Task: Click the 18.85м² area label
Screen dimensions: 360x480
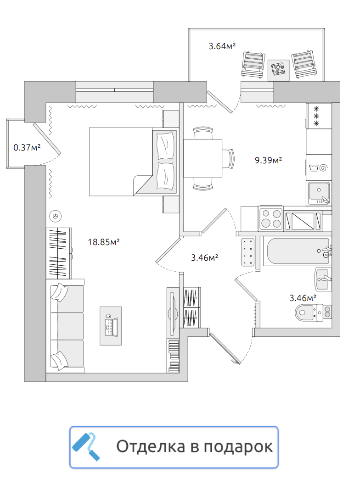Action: point(104,242)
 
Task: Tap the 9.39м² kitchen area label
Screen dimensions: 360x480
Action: point(268,160)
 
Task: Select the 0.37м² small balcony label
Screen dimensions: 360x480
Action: point(27,148)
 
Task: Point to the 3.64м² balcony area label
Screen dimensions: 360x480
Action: point(222,46)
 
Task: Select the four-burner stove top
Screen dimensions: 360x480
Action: point(271,218)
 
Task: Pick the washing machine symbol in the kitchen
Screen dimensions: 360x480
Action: point(319,167)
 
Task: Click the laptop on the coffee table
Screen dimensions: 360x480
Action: point(112,326)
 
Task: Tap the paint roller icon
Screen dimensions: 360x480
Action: point(86,447)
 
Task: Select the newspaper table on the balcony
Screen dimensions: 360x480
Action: point(279,70)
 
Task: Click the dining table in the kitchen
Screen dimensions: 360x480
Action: point(203,158)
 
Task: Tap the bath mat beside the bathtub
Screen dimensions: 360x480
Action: point(248,252)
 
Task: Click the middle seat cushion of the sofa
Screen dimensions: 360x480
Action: point(67,326)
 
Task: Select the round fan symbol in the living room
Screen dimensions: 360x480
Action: point(56,216)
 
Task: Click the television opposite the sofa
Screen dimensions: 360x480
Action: point(173,312)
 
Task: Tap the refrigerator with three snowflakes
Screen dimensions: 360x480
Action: point(319,116)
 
